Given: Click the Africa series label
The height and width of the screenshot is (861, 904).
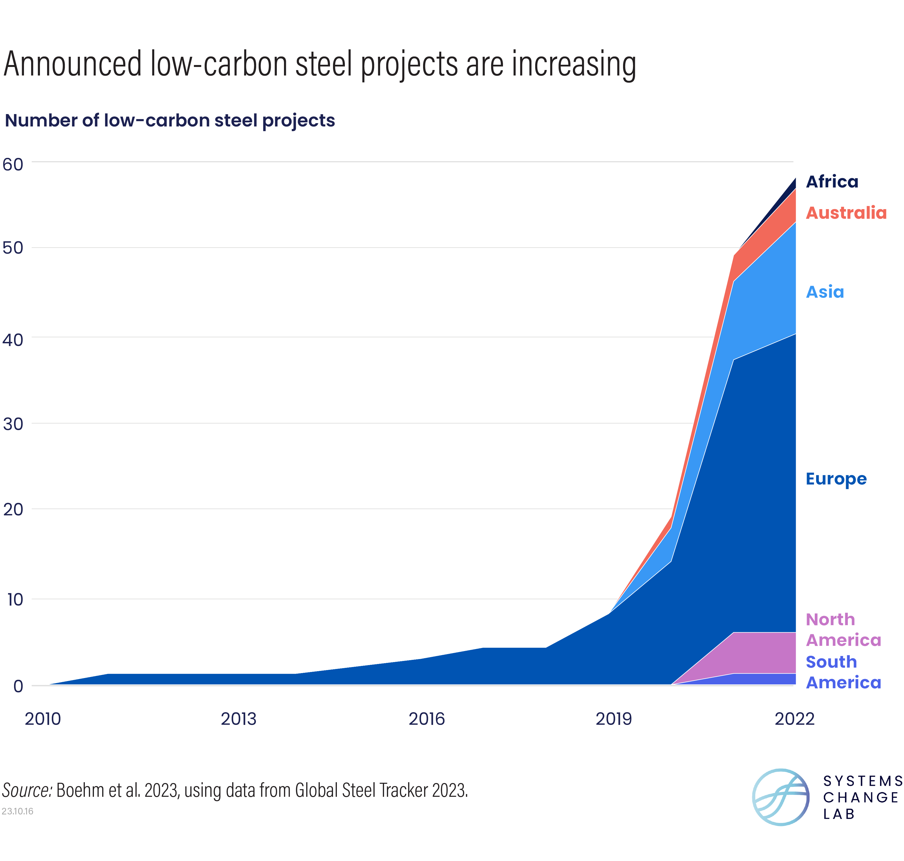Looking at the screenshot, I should click(832, 182).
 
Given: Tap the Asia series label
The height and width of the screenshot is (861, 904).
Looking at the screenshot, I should click(825, 292).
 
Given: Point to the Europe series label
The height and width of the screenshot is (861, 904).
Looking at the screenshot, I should click(836, 479).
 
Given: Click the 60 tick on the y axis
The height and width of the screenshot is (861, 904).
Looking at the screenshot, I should click(13, 164).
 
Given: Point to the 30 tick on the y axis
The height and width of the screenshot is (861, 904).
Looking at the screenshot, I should click(13, 424).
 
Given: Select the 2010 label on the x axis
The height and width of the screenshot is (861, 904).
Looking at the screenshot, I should click(43, 719).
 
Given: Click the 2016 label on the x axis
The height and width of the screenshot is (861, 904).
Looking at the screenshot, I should click(427, 719).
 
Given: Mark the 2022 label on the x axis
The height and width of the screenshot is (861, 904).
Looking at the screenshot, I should click(794, 719).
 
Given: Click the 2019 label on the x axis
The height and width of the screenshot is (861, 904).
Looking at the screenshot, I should click(613, 719).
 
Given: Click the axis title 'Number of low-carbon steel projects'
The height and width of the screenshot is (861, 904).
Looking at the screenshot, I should click(170, 121).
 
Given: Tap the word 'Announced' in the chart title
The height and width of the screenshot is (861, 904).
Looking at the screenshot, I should click(72, 64).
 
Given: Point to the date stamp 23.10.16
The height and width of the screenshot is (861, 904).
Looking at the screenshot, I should click(17, 811).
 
